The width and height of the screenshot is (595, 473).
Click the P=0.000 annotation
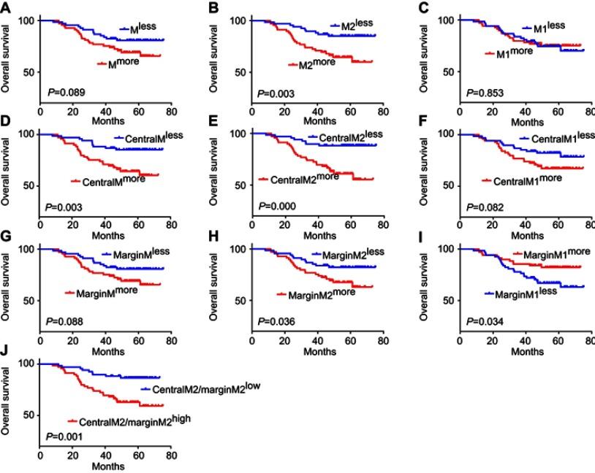click(x=275, y=207)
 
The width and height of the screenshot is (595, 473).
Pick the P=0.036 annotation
click(x=275, y=320)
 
